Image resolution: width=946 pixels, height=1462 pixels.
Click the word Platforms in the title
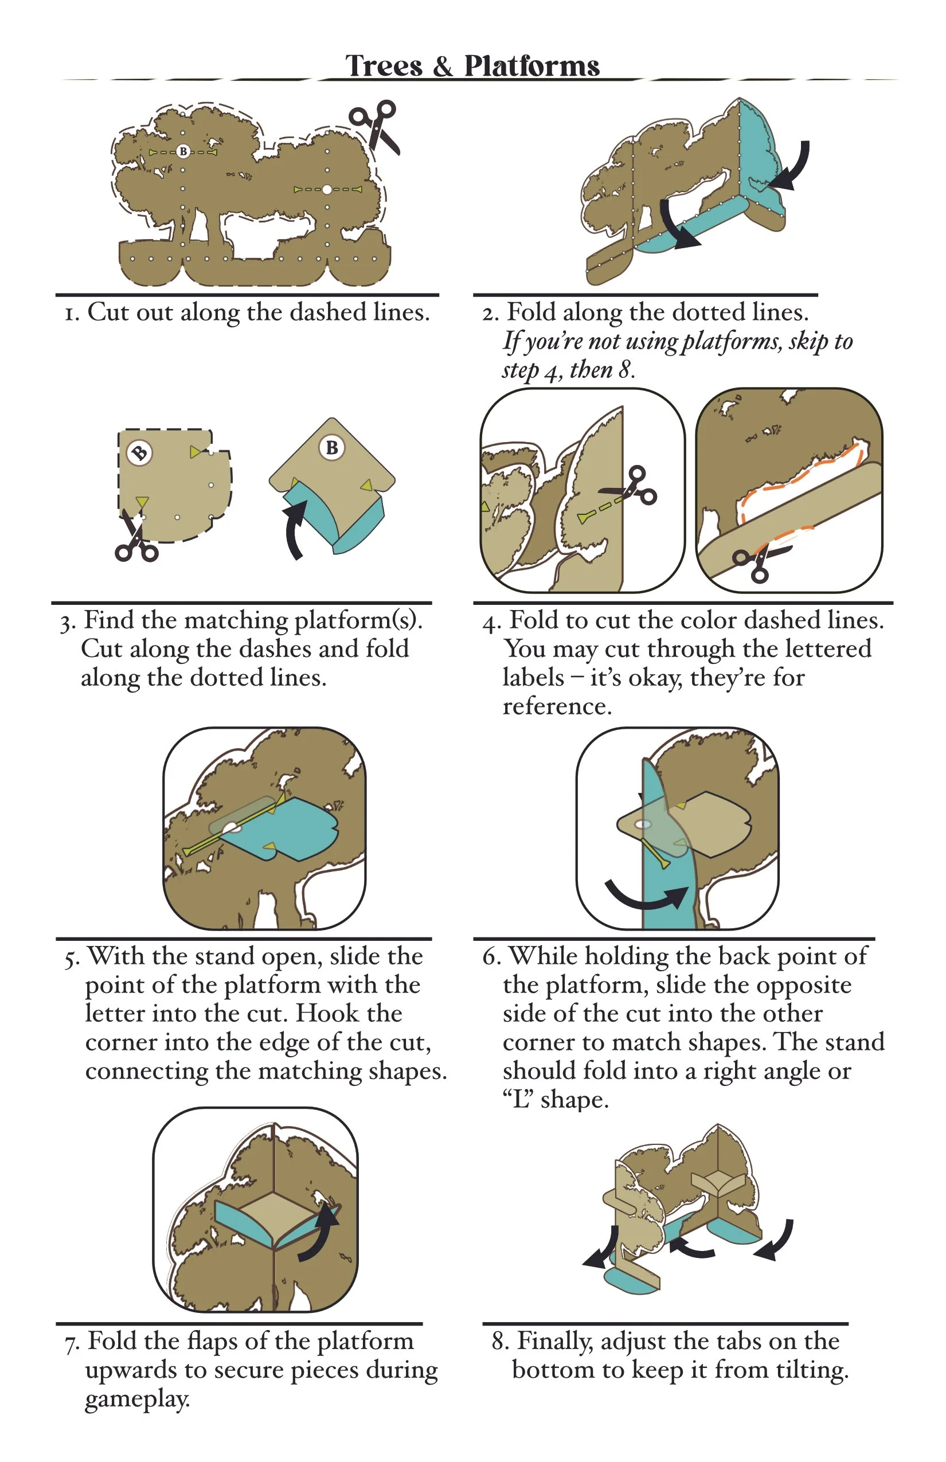click(531, 66)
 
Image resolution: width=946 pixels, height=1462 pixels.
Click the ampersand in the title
click(442, 67)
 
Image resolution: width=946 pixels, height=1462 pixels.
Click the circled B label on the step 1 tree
click(182, 151)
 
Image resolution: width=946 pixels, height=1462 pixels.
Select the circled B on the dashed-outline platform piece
click(139, 454)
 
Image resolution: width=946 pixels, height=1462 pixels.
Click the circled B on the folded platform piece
click(332, 447)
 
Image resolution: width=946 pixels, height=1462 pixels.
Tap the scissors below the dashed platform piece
click(135, 536)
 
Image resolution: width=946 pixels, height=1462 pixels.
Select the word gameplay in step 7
click(137, 1400)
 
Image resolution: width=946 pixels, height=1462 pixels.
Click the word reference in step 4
click(557, 706)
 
